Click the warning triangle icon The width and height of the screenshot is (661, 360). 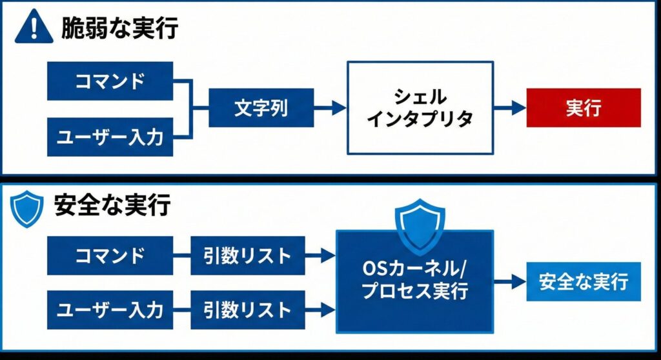34,28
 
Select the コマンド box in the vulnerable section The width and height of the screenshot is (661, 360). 110,81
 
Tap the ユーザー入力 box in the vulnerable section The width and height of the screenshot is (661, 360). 110,137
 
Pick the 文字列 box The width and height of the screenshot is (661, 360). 261,108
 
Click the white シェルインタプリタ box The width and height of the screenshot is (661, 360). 420,108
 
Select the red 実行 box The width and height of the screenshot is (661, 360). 584,108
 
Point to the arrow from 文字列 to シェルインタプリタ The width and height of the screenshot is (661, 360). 330,108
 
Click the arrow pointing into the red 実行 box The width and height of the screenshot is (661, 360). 511,108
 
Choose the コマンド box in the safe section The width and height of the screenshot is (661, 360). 110,255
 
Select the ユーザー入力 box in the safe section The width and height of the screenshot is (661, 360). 110,310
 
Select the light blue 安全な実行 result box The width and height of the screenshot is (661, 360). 584,281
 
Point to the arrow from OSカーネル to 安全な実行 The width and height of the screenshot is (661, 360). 510,281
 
